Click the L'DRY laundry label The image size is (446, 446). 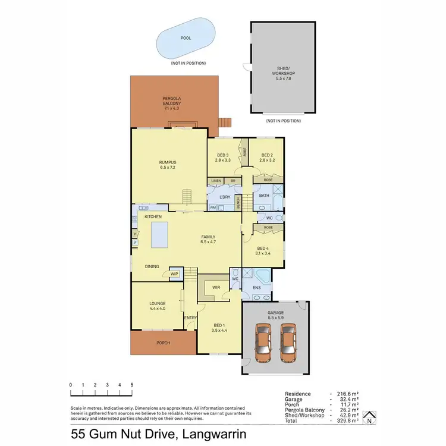coord(225,197)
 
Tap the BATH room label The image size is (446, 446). coord(265,195)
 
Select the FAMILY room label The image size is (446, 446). coord(208,240)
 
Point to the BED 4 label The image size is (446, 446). coord(263,252)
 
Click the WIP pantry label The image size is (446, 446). coord(174,274)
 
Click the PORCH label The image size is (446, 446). coord(162,342)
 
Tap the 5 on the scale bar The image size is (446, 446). coord(132,385)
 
